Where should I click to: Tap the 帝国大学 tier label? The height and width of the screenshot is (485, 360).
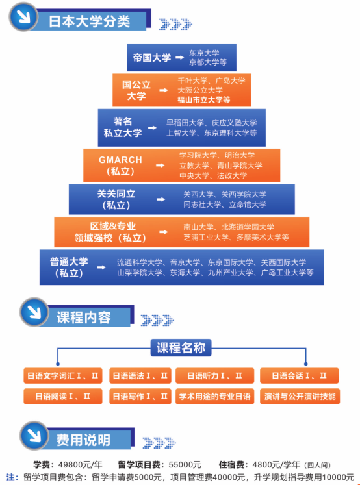(x=151, y=57)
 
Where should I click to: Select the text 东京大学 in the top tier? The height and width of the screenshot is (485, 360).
(x=204, y=53)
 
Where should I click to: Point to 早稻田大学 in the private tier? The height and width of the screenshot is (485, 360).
(x=186, y=123)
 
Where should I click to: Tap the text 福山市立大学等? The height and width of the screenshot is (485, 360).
(x=204, y=100)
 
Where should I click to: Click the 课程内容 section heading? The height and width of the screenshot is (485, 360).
(x=83, y=317)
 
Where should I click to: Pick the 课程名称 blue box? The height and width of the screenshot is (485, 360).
(x=181, y=348)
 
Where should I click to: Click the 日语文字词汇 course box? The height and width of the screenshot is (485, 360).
(x=62, y=375)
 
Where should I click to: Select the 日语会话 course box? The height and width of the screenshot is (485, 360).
(x=300, y=375)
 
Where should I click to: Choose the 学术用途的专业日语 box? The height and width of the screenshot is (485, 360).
(x=215, y=396)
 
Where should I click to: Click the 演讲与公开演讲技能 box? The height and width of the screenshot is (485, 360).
(x=300, y=396)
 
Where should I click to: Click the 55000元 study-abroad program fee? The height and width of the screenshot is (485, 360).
(x=184, y=464)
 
